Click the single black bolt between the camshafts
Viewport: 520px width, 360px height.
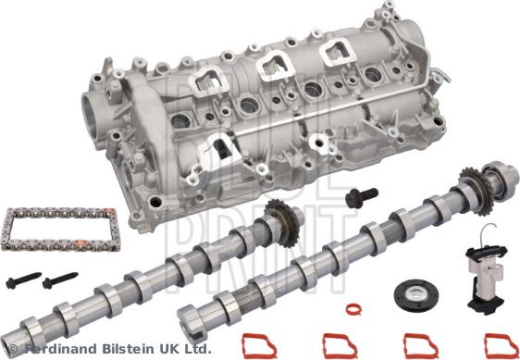pyautogui.click(x=358, y=196)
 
